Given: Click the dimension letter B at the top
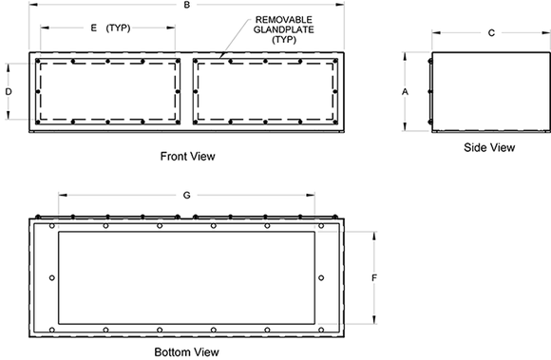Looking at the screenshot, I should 187,7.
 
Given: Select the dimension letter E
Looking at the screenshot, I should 93,28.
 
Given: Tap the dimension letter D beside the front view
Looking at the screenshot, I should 8,91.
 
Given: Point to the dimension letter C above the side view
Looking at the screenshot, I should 490,33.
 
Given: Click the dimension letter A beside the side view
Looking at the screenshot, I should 405,91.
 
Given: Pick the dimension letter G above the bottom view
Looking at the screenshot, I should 187,195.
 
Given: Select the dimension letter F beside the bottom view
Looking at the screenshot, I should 375,277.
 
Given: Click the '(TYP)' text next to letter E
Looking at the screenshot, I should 119,28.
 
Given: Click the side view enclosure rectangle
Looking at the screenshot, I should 479,91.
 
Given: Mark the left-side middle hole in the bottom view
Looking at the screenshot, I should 50,277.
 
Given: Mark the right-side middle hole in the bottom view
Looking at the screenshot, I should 322,277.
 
